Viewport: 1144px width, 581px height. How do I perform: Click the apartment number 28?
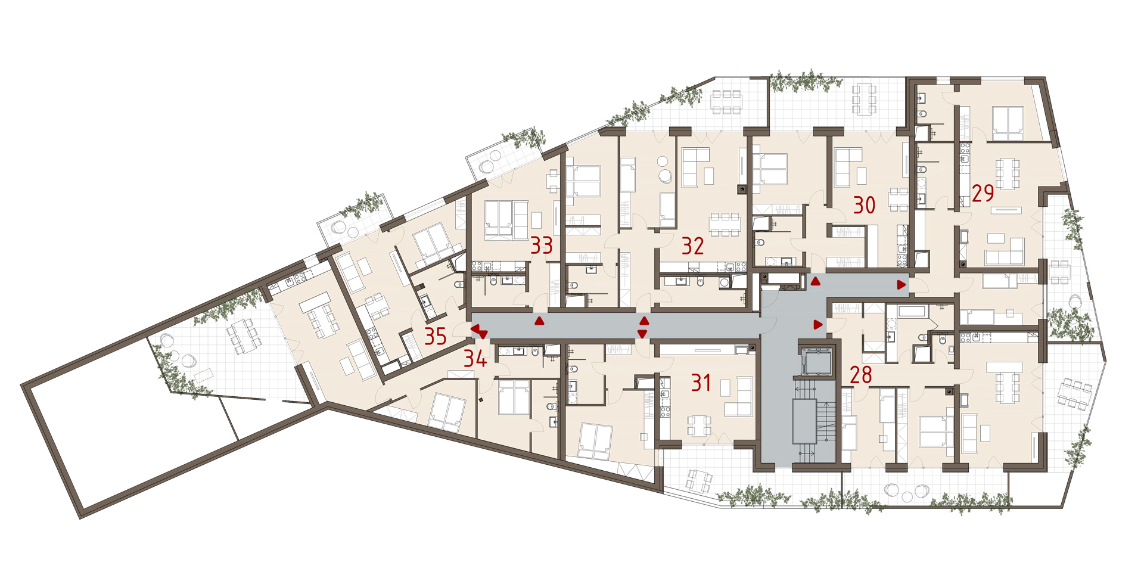tap(861, 375)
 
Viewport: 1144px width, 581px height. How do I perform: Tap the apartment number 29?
tap(983, 193)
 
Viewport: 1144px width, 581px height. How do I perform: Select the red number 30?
tap(865, 205)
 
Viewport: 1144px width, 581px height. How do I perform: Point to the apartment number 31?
tap(701, 383)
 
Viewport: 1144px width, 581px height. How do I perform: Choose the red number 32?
tap(693, 246)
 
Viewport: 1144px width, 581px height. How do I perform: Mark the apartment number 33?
tap(542, 245)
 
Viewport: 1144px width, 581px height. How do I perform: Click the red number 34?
tap(475, 358)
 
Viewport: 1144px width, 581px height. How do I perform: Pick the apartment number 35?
tap(436, 336)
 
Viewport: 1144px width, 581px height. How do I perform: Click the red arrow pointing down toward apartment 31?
tap(642, 334)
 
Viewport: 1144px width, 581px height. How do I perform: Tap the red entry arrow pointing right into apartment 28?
tap(819, 325)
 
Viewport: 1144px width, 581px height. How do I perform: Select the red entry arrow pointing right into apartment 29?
tap(902, 285)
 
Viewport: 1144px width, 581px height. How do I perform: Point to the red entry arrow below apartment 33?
tap(539, 321)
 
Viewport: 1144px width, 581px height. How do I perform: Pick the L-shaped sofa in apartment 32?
tap(695, 167)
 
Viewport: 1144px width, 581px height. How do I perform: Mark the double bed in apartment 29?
tap(1008, 123)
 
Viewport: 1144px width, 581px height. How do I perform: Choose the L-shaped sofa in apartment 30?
tap(847, 167)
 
